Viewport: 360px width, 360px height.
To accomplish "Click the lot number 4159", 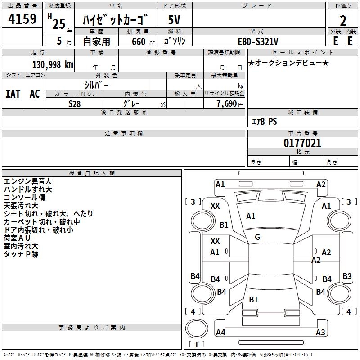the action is (x=22, y=19).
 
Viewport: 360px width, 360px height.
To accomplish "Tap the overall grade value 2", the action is (x=343, y=21).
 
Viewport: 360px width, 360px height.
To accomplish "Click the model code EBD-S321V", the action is (x=257, y=41).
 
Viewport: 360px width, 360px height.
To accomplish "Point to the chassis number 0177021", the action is (x=302, y=144).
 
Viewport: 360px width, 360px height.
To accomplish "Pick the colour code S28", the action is (x=75, y=103).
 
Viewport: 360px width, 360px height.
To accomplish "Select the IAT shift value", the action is (x=13, y=94).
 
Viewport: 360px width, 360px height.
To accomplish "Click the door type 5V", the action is (x=175, y=21).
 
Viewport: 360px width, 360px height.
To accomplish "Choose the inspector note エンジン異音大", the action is (x=27, y=181).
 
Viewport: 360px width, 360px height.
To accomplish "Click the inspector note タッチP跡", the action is (x=21, y=254).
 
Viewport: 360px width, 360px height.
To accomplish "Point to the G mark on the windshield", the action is (x=257, y=237).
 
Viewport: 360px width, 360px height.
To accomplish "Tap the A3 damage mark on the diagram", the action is (x=320, y=333).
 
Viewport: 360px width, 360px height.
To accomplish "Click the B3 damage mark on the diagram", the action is (x=347, y=276).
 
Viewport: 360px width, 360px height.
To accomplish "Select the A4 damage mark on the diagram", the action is (x=220, y=333).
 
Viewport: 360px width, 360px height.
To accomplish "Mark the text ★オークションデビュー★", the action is (x=288, y=63).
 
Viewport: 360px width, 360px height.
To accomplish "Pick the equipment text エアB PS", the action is (x=264, y=121).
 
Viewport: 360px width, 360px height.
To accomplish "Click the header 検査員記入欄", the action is (x=92, y=173).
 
